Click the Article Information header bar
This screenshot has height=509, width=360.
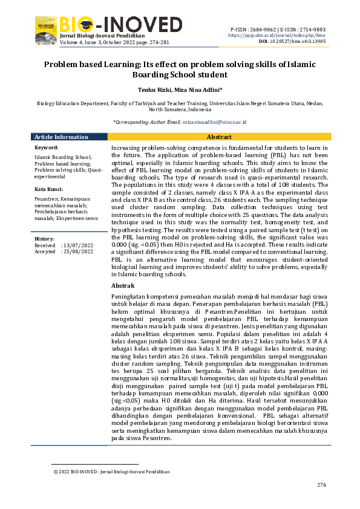point(61,137)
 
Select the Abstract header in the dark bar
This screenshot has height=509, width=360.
point(219,137)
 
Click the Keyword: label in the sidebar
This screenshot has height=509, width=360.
point(47,148)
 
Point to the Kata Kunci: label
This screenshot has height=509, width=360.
point(48,189)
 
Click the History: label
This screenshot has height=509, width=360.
point(45,239)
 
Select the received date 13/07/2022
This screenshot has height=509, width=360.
point(79,245)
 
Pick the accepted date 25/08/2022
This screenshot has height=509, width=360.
point(79,251)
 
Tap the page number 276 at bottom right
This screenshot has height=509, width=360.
point(321,485)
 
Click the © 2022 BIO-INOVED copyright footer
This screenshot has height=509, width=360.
point(111,472)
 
